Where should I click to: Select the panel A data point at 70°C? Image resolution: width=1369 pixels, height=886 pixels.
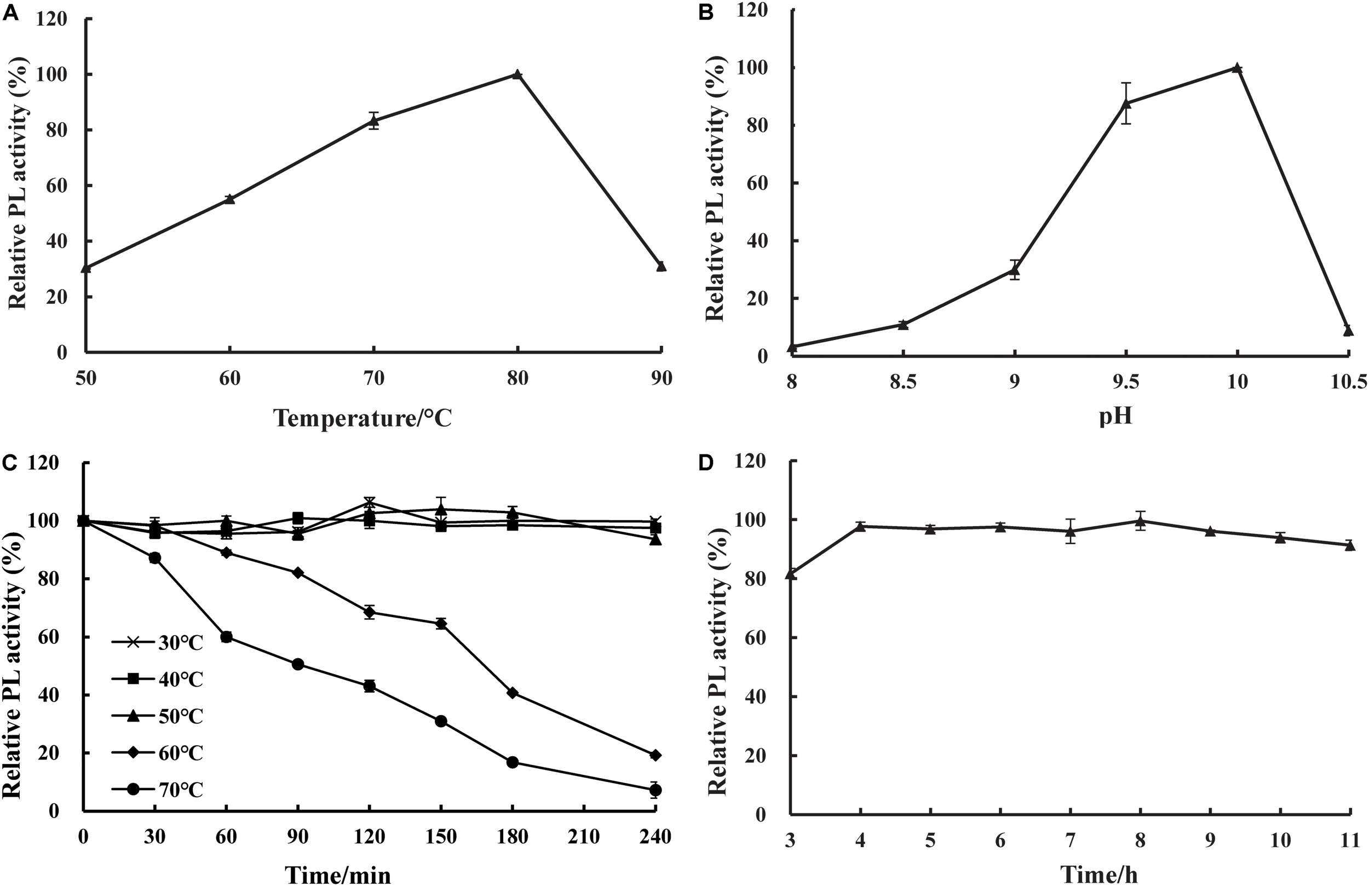[374, 121]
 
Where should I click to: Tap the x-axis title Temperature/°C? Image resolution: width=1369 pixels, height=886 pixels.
[363, 418]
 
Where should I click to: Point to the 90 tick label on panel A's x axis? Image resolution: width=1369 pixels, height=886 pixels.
[662, 379]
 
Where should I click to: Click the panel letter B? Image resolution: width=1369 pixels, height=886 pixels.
[706, 12]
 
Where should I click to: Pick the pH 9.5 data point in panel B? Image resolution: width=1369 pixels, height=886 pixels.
[1126, 103]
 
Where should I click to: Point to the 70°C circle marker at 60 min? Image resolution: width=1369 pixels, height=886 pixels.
[226, 637]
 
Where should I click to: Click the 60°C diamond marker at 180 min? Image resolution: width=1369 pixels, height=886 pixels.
[512, 693]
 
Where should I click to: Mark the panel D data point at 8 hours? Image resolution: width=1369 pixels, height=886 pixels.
[1140, 521]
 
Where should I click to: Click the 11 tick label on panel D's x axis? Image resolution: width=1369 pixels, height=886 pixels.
[1350, 841]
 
